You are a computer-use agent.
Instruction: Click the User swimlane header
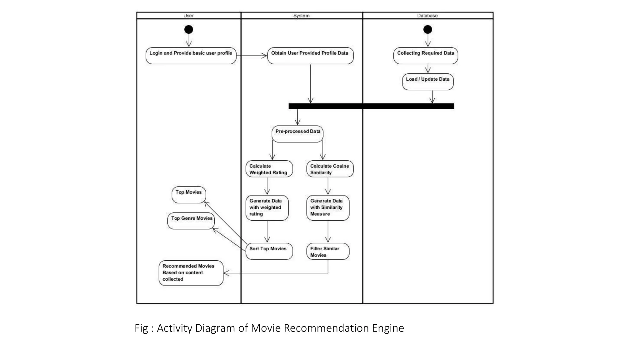[x=188, y=16]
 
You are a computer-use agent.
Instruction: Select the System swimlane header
[x=301, y=16]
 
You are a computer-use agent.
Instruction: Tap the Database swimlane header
[x=427, y=16]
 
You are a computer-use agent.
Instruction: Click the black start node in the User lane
[x=188, y=30]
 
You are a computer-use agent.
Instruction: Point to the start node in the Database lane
[x=427, y=30]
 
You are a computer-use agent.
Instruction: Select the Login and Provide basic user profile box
[x=191, y=56]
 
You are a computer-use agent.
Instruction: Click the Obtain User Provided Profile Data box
[x=310, y=56]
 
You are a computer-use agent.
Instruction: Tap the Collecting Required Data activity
[x=426, y=56]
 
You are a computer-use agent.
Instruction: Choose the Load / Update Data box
[x=427, y=82]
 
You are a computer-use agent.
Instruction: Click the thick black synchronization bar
[x=371, y=106]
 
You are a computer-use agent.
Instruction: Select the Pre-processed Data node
[x=297, y=134]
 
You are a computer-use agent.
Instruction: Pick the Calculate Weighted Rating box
[x=269, y=169]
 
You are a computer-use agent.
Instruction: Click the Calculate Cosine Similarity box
[x=330, y=169]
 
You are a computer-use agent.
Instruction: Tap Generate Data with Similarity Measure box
[x=327, y=208]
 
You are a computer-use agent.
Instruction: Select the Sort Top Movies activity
[x=269, y=251]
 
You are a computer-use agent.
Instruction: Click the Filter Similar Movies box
[x=327, y=252]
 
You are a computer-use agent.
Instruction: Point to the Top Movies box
[x=189, y=195]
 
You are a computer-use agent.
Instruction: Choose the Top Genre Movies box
[x=191, y=221]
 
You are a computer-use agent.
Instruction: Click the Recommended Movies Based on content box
[x=191, y=273]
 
